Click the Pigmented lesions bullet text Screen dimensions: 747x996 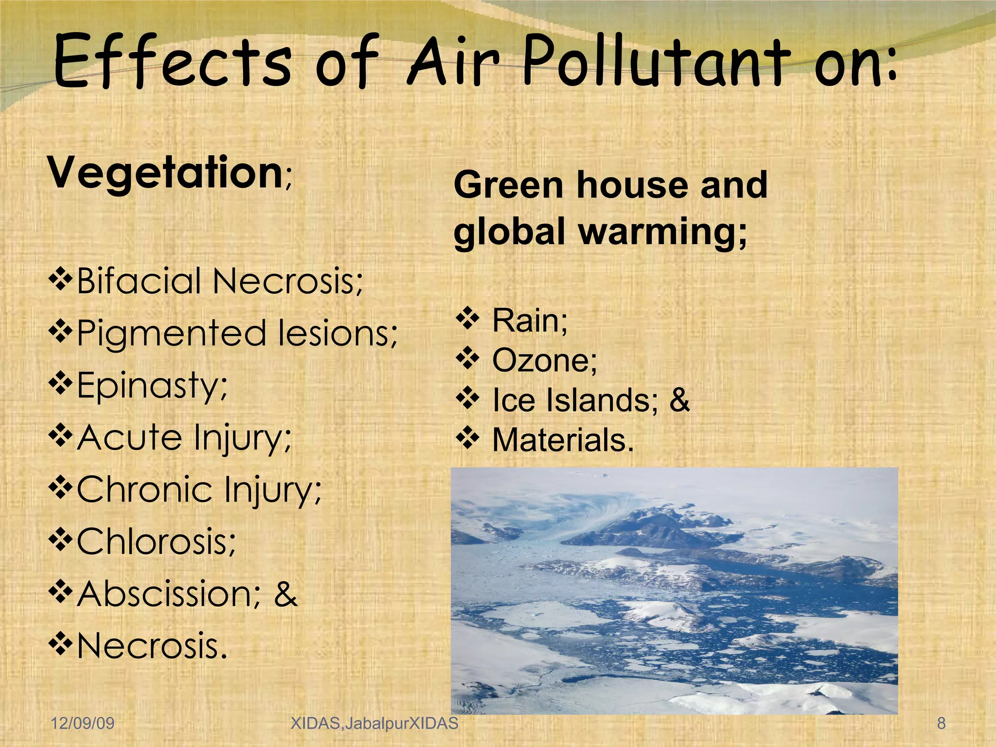(237, 334)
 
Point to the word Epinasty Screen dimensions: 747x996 (152, 385)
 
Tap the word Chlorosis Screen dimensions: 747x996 (156, 541)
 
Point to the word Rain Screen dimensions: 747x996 (529, 321)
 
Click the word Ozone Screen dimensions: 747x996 (544, 361)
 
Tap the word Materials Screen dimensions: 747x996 (563, 440)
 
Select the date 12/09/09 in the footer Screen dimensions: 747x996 (83, 723)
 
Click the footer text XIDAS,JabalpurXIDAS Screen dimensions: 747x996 (374, 723)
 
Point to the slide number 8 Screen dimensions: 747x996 (942, 723)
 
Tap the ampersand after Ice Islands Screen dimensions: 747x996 (679, 400)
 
